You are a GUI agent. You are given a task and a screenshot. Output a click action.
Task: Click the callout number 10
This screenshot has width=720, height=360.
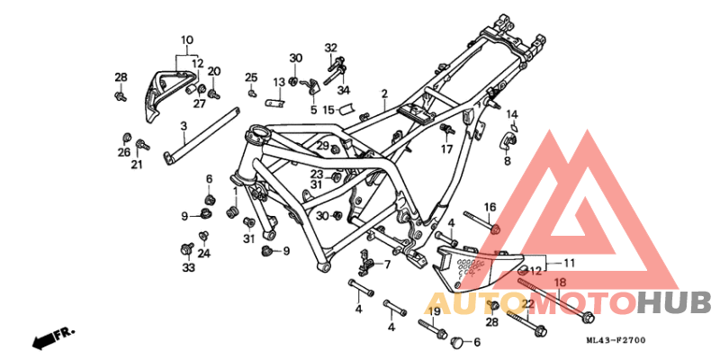point(187,40)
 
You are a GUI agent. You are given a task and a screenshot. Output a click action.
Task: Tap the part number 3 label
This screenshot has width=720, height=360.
point(184,126)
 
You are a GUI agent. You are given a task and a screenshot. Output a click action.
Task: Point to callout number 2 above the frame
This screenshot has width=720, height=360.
point(383,94)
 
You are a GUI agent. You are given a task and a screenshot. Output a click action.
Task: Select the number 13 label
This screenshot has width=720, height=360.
point(279,83)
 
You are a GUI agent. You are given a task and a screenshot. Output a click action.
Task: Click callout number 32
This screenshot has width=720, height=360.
point(330,48)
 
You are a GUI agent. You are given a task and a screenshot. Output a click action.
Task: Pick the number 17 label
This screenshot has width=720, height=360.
point(446,150)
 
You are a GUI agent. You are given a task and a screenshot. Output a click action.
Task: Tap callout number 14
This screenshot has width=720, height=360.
point(511,114)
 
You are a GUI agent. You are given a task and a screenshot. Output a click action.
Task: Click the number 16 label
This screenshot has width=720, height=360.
point(490,207)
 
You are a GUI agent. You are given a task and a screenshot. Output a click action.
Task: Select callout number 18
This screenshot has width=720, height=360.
point(559,283)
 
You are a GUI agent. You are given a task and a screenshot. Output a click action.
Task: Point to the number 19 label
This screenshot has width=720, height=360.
point(433,311)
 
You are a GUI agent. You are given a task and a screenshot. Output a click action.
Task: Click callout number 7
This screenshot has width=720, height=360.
point(387,265)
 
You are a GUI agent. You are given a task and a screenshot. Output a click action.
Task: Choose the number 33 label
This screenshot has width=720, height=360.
point(188,268)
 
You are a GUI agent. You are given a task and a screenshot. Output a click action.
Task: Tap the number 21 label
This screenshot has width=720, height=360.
point(137,165)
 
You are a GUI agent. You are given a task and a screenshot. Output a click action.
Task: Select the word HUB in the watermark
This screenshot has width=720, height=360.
point(674,303)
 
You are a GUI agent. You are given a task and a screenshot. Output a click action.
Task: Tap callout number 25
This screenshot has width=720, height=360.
point(251,76)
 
